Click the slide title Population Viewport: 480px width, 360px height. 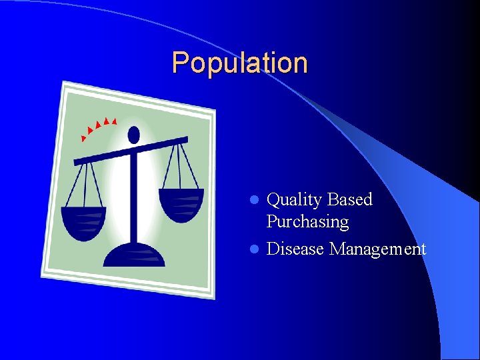pos(239,63)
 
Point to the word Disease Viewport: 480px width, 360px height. pos(295,249)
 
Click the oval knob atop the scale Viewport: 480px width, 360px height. pos(133,135)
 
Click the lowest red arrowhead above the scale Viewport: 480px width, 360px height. pos(83,139)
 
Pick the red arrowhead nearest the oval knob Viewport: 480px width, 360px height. pos(115,121)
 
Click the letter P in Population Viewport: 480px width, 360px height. pos(179,63)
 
